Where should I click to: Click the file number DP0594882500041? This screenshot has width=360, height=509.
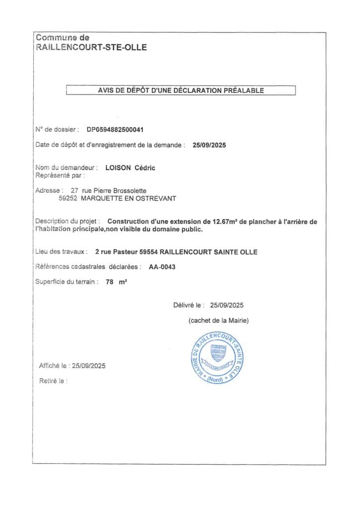coord(115,130)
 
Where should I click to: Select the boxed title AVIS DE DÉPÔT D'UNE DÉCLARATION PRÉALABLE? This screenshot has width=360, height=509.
coord(180,90)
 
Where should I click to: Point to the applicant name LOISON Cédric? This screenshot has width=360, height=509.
coord(130,168)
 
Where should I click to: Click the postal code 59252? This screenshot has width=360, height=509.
coord(67,198)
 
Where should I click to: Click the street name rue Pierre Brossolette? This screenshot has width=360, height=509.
coord(110,190)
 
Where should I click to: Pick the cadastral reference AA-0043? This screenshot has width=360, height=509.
coord(162,267)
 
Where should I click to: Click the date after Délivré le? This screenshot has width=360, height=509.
coord(227,305)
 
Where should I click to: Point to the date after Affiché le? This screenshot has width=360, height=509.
coord(89,366)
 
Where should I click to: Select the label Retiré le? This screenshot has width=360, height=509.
coord(53,381)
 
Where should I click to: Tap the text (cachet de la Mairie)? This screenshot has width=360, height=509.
coord(219,321)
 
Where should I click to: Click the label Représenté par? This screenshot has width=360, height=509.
coord(60,175)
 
